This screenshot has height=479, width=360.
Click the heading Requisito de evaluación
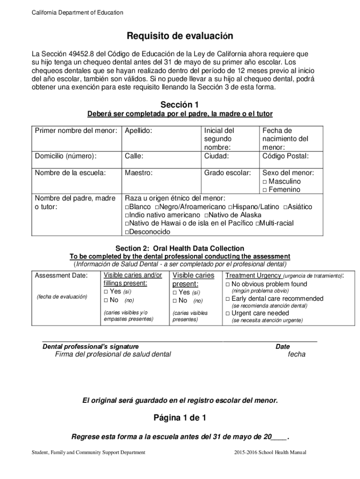(x=180, y=36)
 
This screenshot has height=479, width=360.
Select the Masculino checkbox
(x=265, y=181)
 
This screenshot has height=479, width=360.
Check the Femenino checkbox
(x=265, y=190)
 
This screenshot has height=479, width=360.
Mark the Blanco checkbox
(x=127, y=207)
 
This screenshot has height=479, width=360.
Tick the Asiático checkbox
(x=286, y=207)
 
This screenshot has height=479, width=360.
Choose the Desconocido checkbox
(x=127, y=232)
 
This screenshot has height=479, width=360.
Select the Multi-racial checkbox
(x=258, y=224)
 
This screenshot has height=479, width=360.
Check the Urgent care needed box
(x=228, y=313)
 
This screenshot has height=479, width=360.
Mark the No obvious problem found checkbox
(x=228, y=284)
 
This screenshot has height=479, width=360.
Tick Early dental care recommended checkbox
(x=228, y=299)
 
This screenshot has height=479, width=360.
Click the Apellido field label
(x=138, y=131)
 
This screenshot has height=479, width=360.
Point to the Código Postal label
(x=285, y=156)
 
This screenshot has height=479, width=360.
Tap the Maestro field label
(x=139, y=173)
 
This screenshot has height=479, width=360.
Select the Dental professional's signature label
(x=91, y=347)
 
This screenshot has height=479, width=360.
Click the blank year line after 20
(x=280, y=437)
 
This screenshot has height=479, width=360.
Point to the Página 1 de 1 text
(x=180, y=418)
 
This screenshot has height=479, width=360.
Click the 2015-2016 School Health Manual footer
(x=270, y=452)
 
